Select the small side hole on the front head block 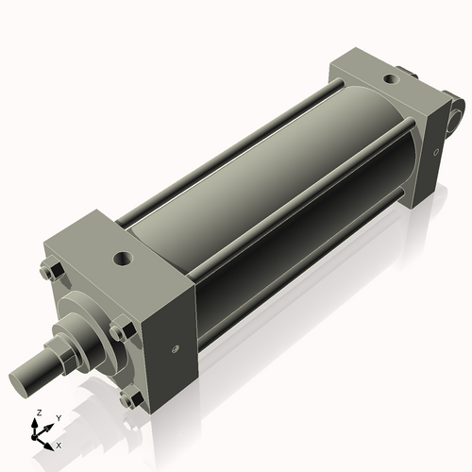pyautogui.click(x=176, y=349)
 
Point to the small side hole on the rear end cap pyautogui.click(x=435, y=150)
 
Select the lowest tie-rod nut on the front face pyautogui.click(x=127, y=399)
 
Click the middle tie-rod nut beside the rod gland pyautogui.click(x=117, y=332)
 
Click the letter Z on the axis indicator pyautogui.click(x=37, y=413)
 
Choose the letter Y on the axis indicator pyautogui.click(x=58, y=417)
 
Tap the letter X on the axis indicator pyautogui.click(x=59, y=444)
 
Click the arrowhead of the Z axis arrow pyautogui.click(x=37, y=423)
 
